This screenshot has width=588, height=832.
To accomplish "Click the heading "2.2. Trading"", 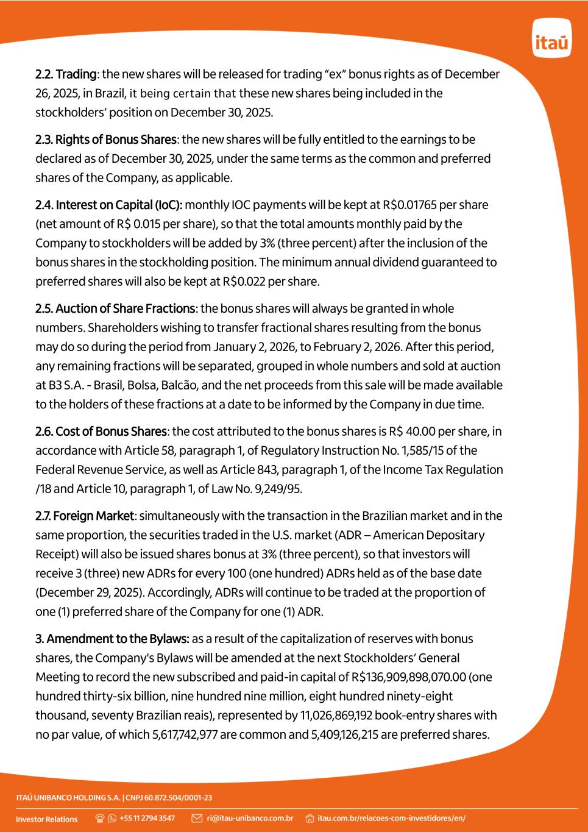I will (x=66, y=74).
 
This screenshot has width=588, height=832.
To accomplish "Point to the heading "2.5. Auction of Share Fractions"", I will (x=115, y=308).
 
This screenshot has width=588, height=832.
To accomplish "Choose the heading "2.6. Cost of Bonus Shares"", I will (x=101, y=432).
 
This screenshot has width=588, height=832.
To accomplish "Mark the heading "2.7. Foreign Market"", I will (x=84, y=516).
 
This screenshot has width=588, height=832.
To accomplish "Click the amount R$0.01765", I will (x=412, y=205).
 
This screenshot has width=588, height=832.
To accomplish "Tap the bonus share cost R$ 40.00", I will (x=411, y=432).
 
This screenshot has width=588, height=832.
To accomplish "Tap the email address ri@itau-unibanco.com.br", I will (x=250, y=818).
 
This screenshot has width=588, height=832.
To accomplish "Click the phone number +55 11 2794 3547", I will (x=147, y=818).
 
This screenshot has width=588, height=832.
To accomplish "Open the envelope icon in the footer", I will (x=197, y=818).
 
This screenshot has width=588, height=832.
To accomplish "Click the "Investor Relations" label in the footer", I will (x=47, y=819).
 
